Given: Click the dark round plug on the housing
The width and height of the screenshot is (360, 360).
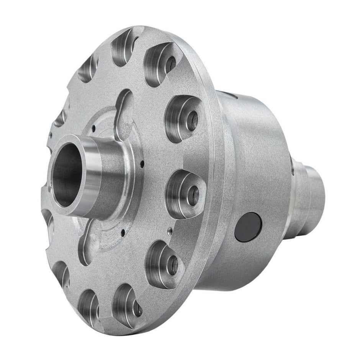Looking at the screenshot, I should [248, 227].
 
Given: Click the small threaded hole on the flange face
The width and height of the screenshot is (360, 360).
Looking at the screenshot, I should [169, 231].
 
